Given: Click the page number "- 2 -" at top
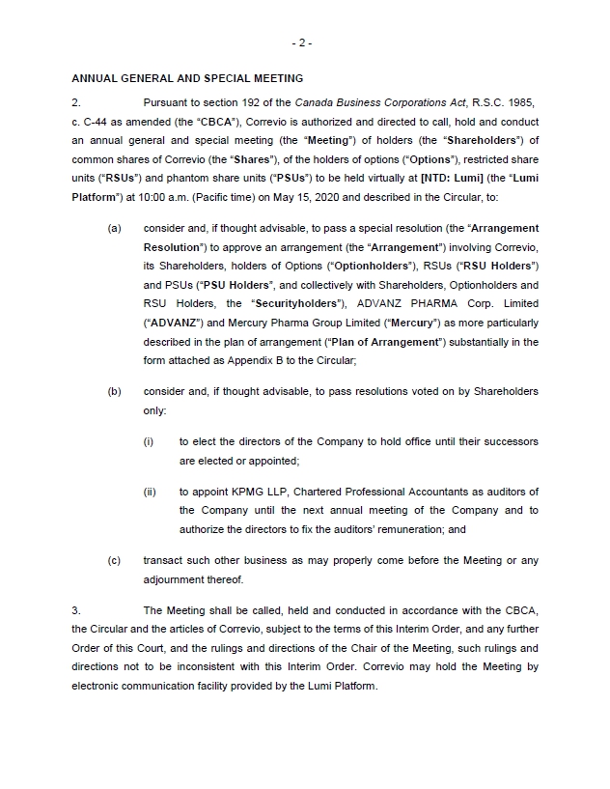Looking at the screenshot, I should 301,42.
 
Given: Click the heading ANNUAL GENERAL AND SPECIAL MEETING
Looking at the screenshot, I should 187,78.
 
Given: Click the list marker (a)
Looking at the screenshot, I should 114,228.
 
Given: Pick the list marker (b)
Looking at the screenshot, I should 114,391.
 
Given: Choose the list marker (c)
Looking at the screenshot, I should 114,561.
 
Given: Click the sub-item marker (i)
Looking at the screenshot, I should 149,441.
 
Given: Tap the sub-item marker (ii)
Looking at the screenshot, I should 150,493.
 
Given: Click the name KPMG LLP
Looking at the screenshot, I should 249,493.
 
